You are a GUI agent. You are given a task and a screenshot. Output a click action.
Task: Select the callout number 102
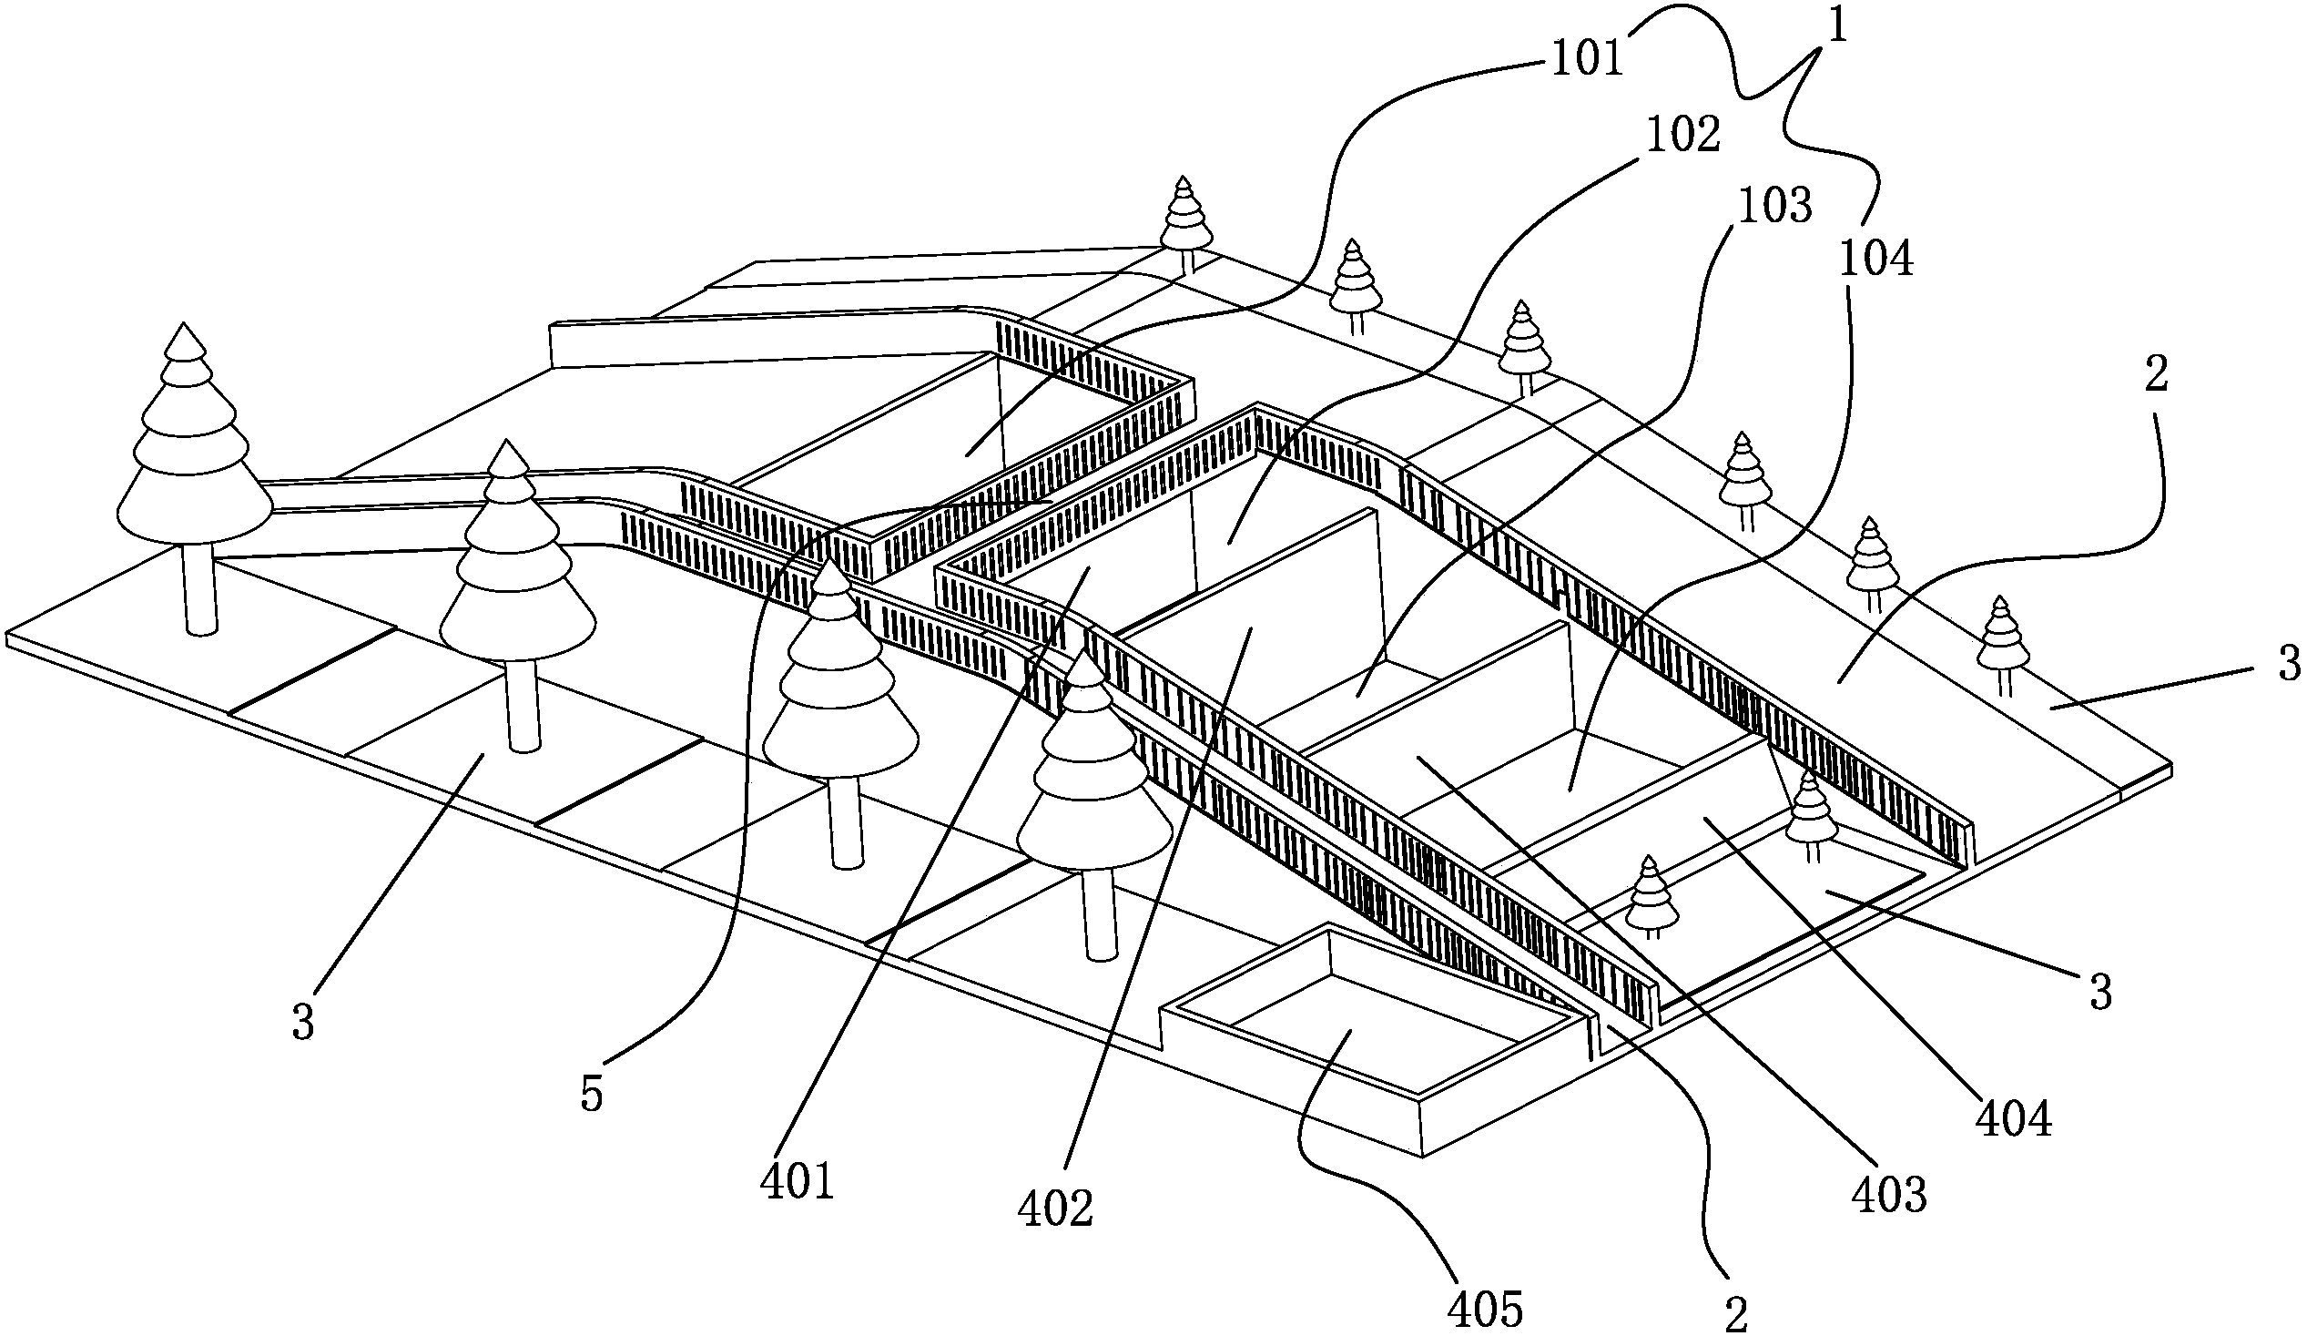coord(1682,137)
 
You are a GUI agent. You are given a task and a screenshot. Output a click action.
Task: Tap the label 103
coord(1774,209)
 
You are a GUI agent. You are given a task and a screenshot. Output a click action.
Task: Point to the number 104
coord(1875,261)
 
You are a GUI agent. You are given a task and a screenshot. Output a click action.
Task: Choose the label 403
coord(1889,1195)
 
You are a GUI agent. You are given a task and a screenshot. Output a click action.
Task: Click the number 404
coord(2014,1120)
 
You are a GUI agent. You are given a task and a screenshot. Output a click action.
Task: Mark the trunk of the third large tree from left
coord(847,820)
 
